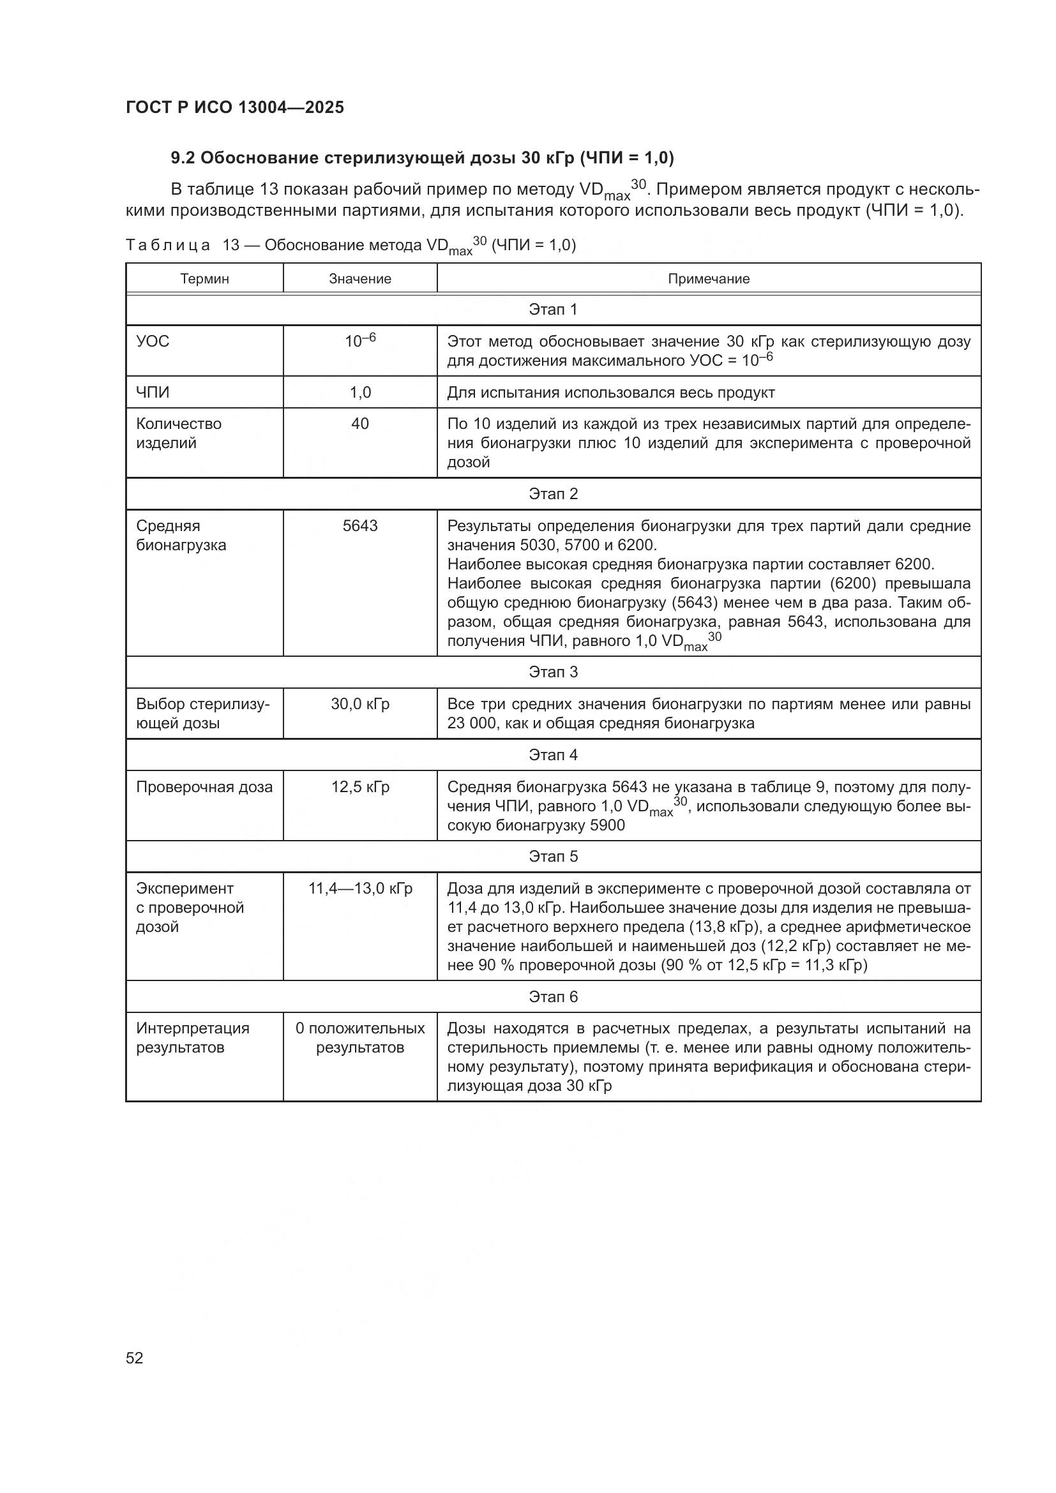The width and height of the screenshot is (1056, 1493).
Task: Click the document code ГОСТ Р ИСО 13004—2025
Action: coord(235,107)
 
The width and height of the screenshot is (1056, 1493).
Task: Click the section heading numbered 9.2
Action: coord(422,158)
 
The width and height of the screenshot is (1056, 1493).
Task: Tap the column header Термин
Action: coord(204,279)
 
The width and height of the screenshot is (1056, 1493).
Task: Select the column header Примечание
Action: coord(708,279)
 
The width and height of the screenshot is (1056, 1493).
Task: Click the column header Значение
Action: coord(359,279)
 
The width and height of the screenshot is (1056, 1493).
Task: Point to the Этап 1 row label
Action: coord(553,310)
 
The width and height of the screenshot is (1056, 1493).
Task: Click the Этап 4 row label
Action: coord(553,755)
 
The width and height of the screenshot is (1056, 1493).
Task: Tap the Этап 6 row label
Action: coord(553,997)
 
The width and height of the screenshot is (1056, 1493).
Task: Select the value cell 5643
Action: coord(359,526)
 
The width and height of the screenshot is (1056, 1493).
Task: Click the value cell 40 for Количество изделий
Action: coord(359,424)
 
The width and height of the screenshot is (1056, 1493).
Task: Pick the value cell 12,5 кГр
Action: coord(359,788)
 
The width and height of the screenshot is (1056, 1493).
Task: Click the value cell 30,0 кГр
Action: coord(359,704)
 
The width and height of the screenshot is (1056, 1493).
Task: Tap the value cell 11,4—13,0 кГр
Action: coord(359,889)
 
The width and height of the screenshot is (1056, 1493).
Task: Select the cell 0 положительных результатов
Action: coord(359,1038)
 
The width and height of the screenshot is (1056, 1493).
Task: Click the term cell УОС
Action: coord(153,341)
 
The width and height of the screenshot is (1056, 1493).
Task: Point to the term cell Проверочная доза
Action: coord(204,788)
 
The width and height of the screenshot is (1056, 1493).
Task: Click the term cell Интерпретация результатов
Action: coord(192,1038)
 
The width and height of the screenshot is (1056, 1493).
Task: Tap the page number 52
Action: coord(135,1358)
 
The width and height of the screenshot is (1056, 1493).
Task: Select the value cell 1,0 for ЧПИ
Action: coord(359,393)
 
